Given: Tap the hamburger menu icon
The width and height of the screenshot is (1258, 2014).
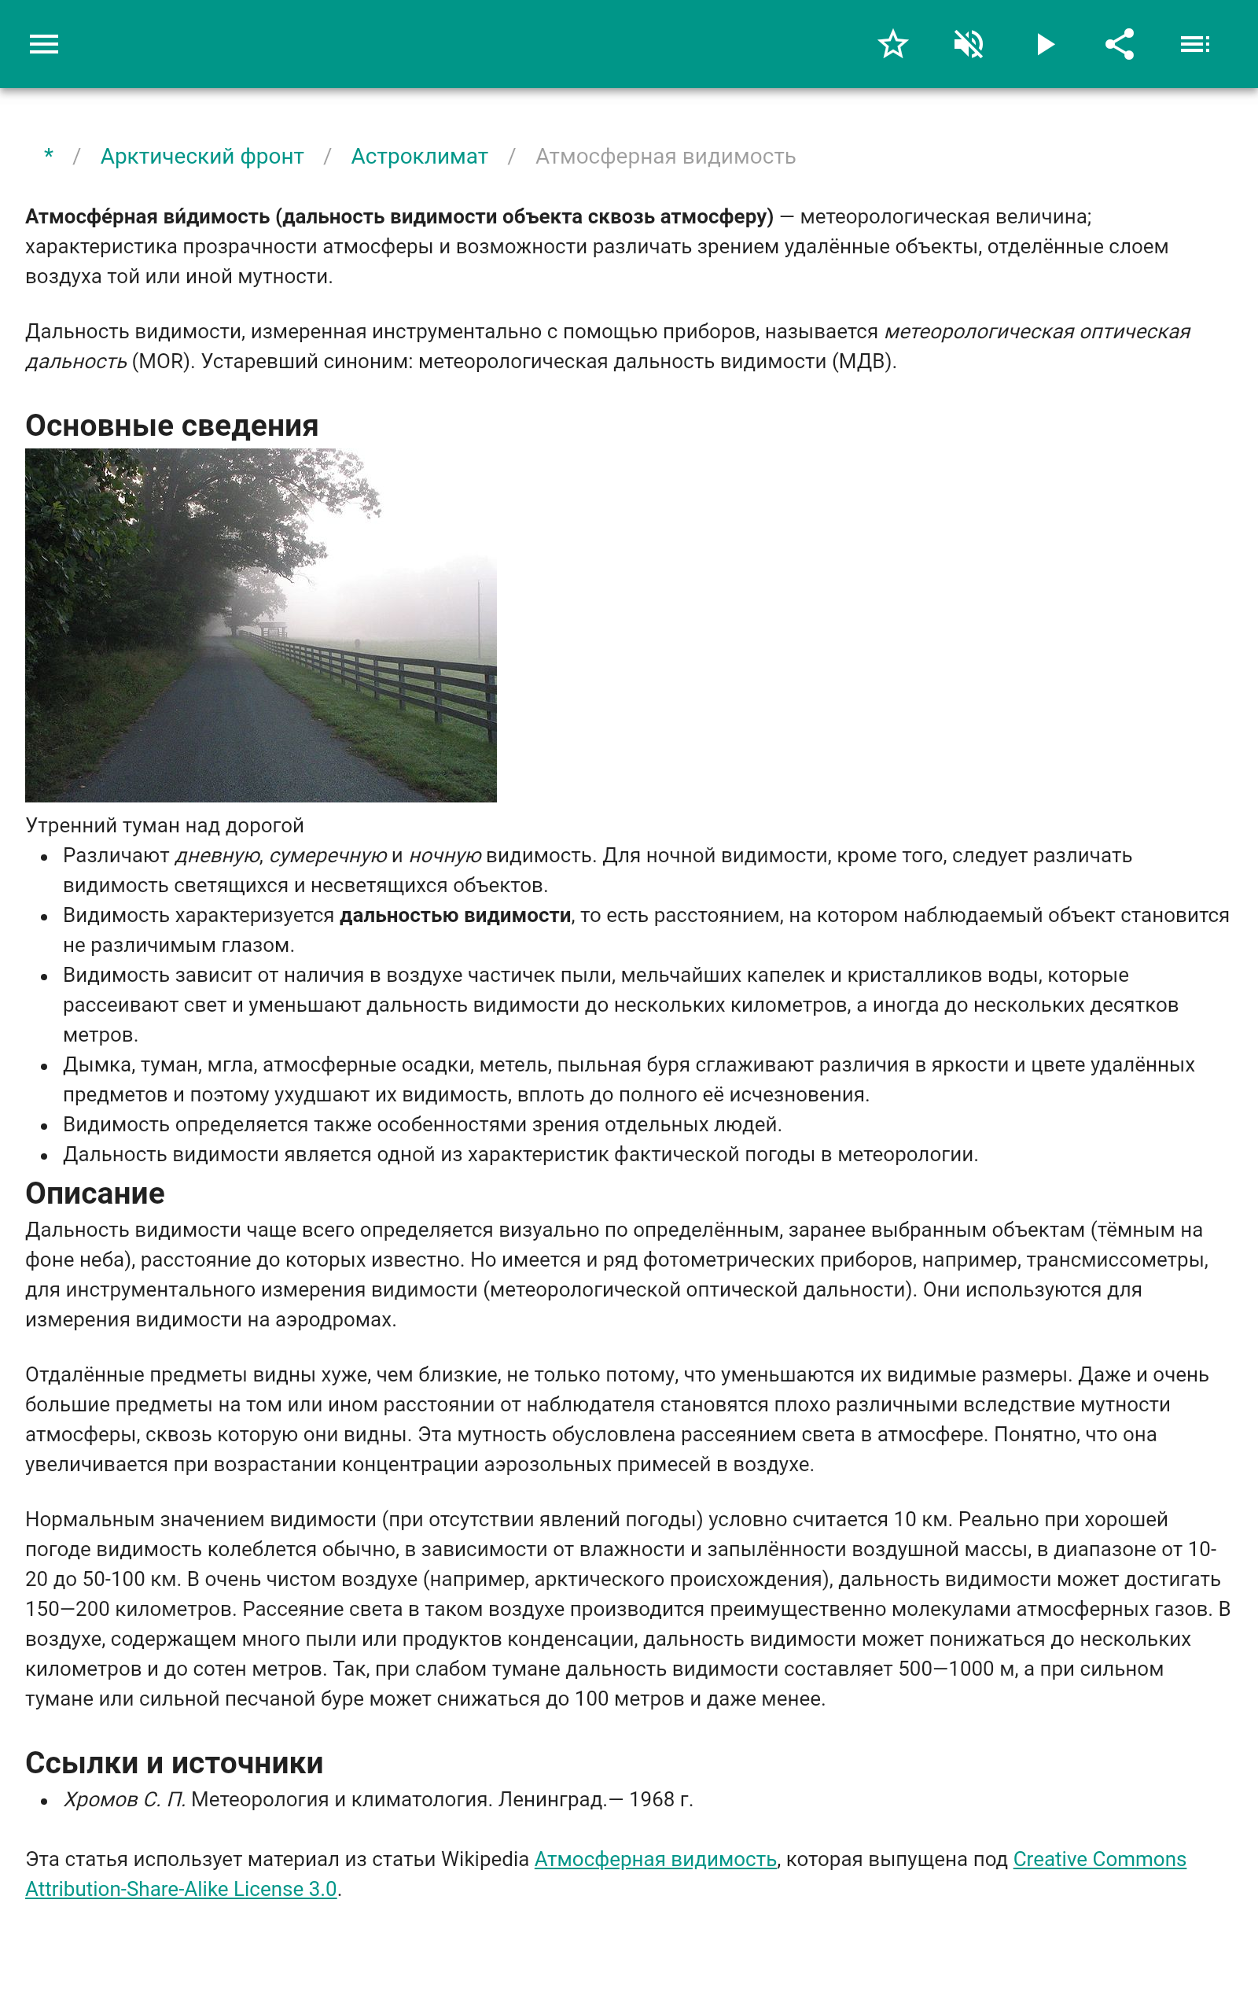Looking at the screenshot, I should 44,44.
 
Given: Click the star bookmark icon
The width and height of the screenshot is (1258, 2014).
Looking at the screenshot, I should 892,44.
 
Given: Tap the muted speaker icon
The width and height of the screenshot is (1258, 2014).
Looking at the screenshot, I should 969,44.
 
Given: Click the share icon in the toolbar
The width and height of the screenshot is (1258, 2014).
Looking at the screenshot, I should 1119,44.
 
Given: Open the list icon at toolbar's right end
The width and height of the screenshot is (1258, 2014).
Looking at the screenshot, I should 1195,44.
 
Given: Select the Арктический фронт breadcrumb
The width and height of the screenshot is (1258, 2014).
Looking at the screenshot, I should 202,157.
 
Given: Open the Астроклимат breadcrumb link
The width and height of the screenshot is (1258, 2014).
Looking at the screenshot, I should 419,157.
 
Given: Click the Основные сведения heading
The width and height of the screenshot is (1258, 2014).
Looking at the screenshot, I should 171,426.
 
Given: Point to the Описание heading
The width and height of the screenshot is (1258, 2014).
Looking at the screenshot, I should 95,1193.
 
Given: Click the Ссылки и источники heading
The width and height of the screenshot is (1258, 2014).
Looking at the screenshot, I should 174,1763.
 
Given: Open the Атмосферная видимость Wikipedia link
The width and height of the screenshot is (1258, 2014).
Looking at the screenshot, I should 655,1859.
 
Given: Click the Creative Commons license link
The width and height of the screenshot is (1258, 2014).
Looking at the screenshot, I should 1098,1859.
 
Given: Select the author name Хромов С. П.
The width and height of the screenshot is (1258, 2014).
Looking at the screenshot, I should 124,1799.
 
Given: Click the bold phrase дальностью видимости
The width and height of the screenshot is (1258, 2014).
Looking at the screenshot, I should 455,916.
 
